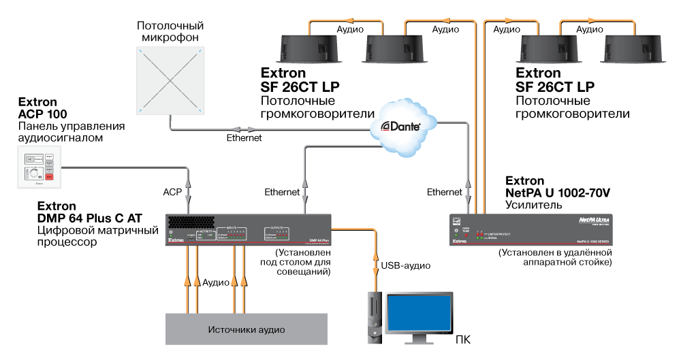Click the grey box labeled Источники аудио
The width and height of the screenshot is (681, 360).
coord(246,329)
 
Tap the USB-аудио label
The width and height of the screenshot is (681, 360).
coord(406,265)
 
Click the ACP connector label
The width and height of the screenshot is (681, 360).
coord(172,193)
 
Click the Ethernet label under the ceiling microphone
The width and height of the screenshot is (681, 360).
coord(243,138)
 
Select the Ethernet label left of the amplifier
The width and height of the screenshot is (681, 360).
coord(444,193)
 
